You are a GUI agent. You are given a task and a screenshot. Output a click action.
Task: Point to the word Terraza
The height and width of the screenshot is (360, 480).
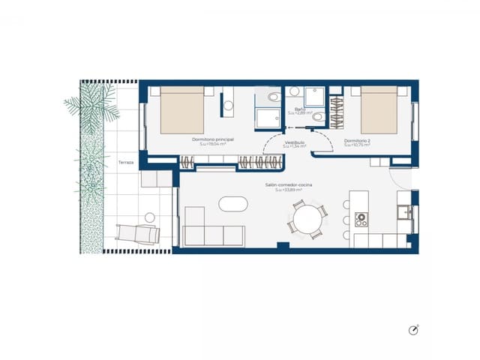[125, 162]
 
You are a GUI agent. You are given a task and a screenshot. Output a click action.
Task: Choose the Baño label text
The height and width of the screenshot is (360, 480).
[299, 109]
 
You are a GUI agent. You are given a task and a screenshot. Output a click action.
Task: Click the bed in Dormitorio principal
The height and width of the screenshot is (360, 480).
[183, 110]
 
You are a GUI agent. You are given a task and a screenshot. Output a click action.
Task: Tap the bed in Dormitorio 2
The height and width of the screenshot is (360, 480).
[379, 110]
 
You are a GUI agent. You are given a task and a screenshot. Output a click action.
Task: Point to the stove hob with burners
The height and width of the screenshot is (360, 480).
[361, 220]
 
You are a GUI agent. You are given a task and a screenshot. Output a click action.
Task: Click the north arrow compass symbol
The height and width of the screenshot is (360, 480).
[413, 330]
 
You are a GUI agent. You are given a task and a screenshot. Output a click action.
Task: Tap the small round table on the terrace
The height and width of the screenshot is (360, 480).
[149, 217]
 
